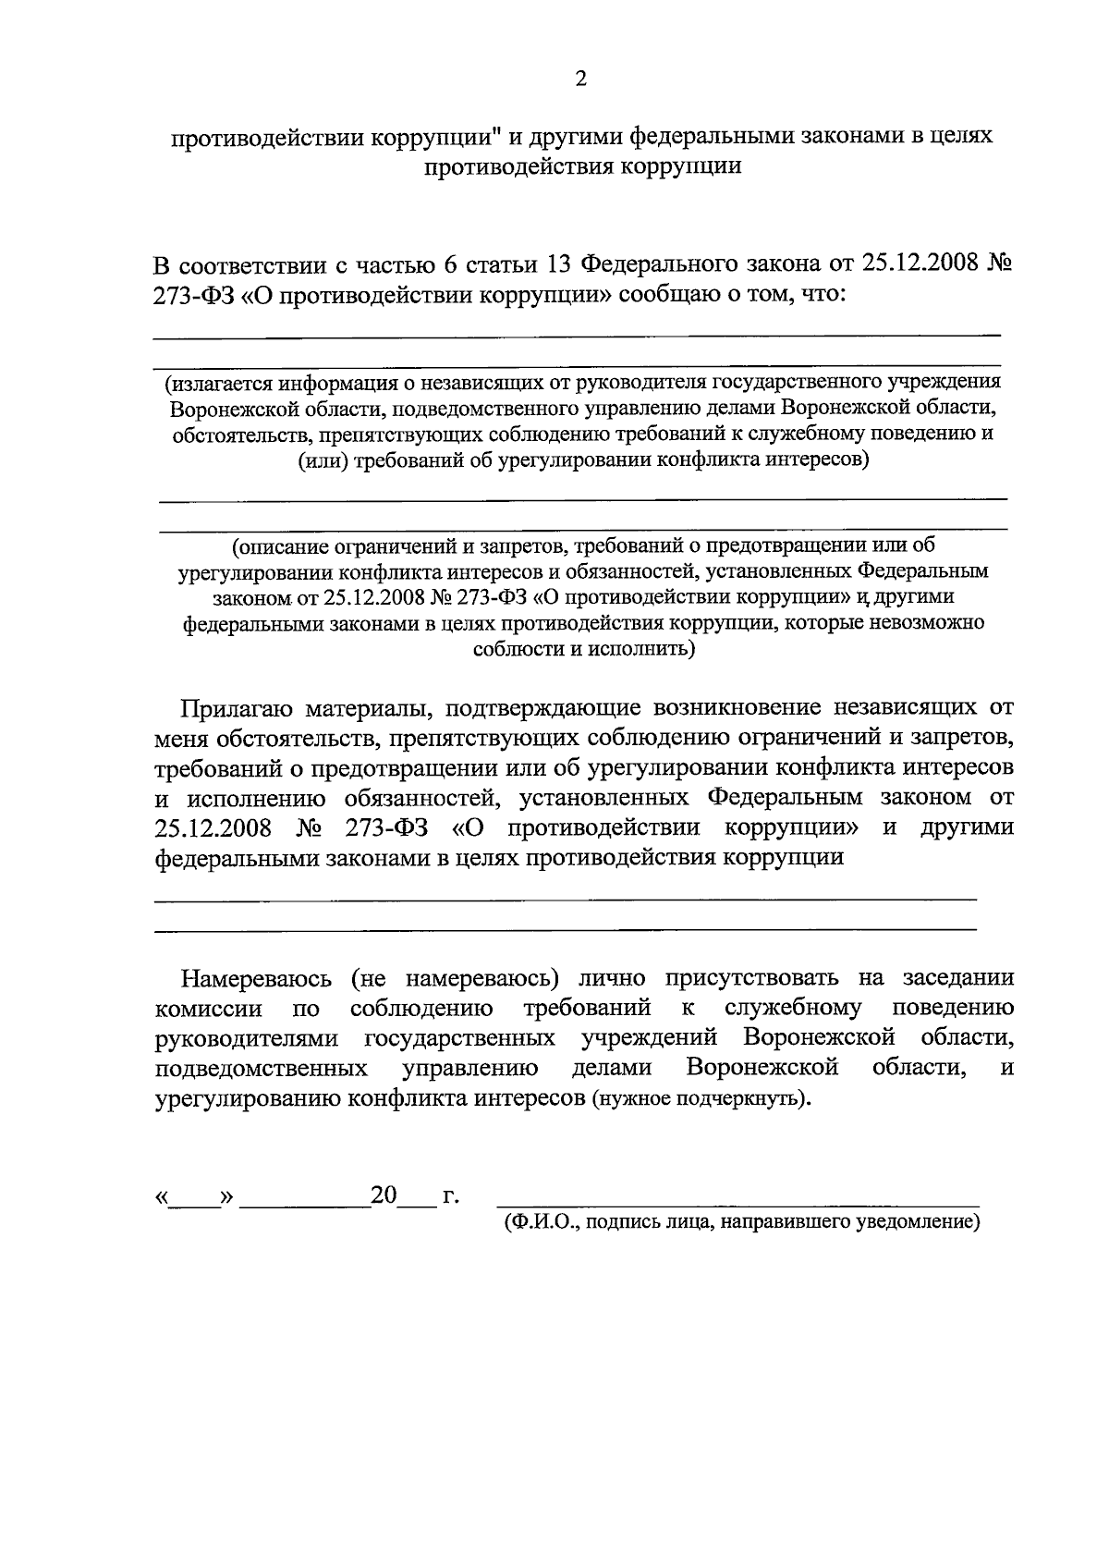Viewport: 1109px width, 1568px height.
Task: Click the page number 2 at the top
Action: pos(580,80)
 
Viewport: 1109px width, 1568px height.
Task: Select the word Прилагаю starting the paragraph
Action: pos(237,709)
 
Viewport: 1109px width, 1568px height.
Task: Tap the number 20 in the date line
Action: pos(384,1196)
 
